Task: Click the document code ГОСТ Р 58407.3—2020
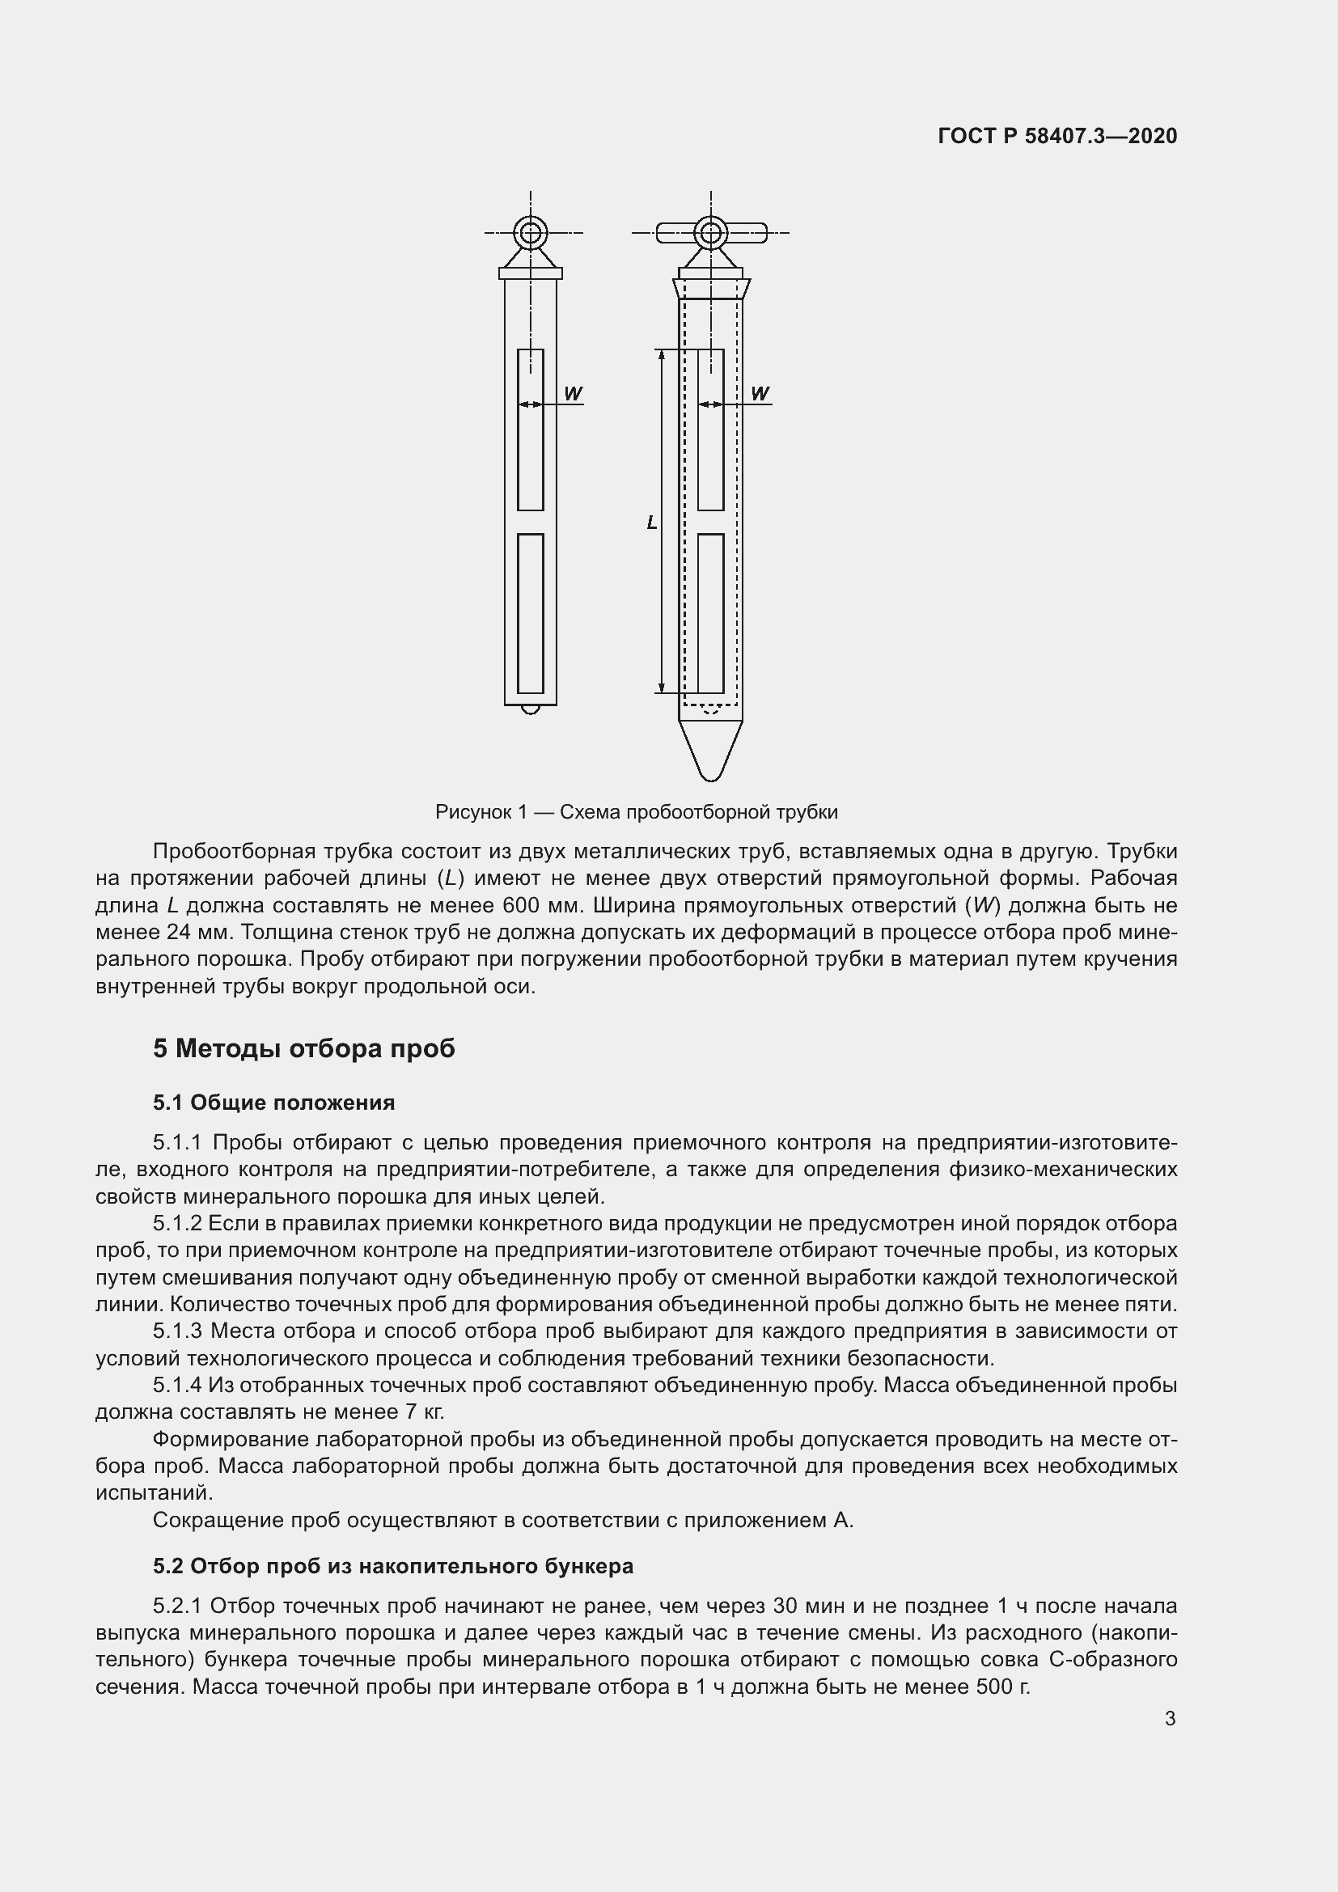pos(1057,136)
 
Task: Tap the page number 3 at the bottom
pos(1170,1719)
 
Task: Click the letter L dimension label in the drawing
pos(652,523)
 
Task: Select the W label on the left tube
pos(573,394)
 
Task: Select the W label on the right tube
pos(760,394)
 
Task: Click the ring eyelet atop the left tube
pos(531,233)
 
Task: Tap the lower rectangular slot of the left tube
pos(531,613)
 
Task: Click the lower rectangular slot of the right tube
pos(710,613)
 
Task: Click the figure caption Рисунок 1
pos(636,812)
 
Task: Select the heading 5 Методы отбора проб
pos(303,1049)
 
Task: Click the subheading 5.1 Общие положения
pos(273,1103)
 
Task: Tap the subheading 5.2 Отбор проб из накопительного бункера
pos(393,1566)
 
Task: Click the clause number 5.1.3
pos(177,1331)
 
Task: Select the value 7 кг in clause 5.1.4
pos(425,1412)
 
